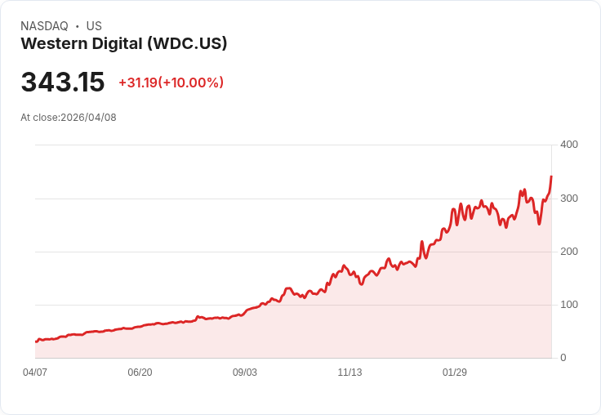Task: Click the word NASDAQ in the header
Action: tap(44, 26)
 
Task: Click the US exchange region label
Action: tap(94, 26)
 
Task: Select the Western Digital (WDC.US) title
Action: tap(123, 44)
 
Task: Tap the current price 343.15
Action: tap(63, 83)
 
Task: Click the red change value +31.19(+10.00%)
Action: tap(171, 83)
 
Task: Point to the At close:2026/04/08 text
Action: tap(69, 118)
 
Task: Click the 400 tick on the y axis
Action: tap(568, 145)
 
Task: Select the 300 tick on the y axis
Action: tap(568, 199)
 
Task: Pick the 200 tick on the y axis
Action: tap(568, 252)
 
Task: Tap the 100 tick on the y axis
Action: tap(568, 305)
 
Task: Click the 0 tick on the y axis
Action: tap(563, 358)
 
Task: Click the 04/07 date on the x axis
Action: tap(35, 373)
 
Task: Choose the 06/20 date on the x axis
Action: tap(140, 373)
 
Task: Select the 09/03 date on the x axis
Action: tap(245, 373)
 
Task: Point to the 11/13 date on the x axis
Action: tap(349, 373)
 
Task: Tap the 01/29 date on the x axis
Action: tap(455, 373)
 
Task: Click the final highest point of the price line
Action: tap(551, 176)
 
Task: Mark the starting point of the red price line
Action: tap(36, 341)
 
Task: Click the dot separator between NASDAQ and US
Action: tap(78, 26)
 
